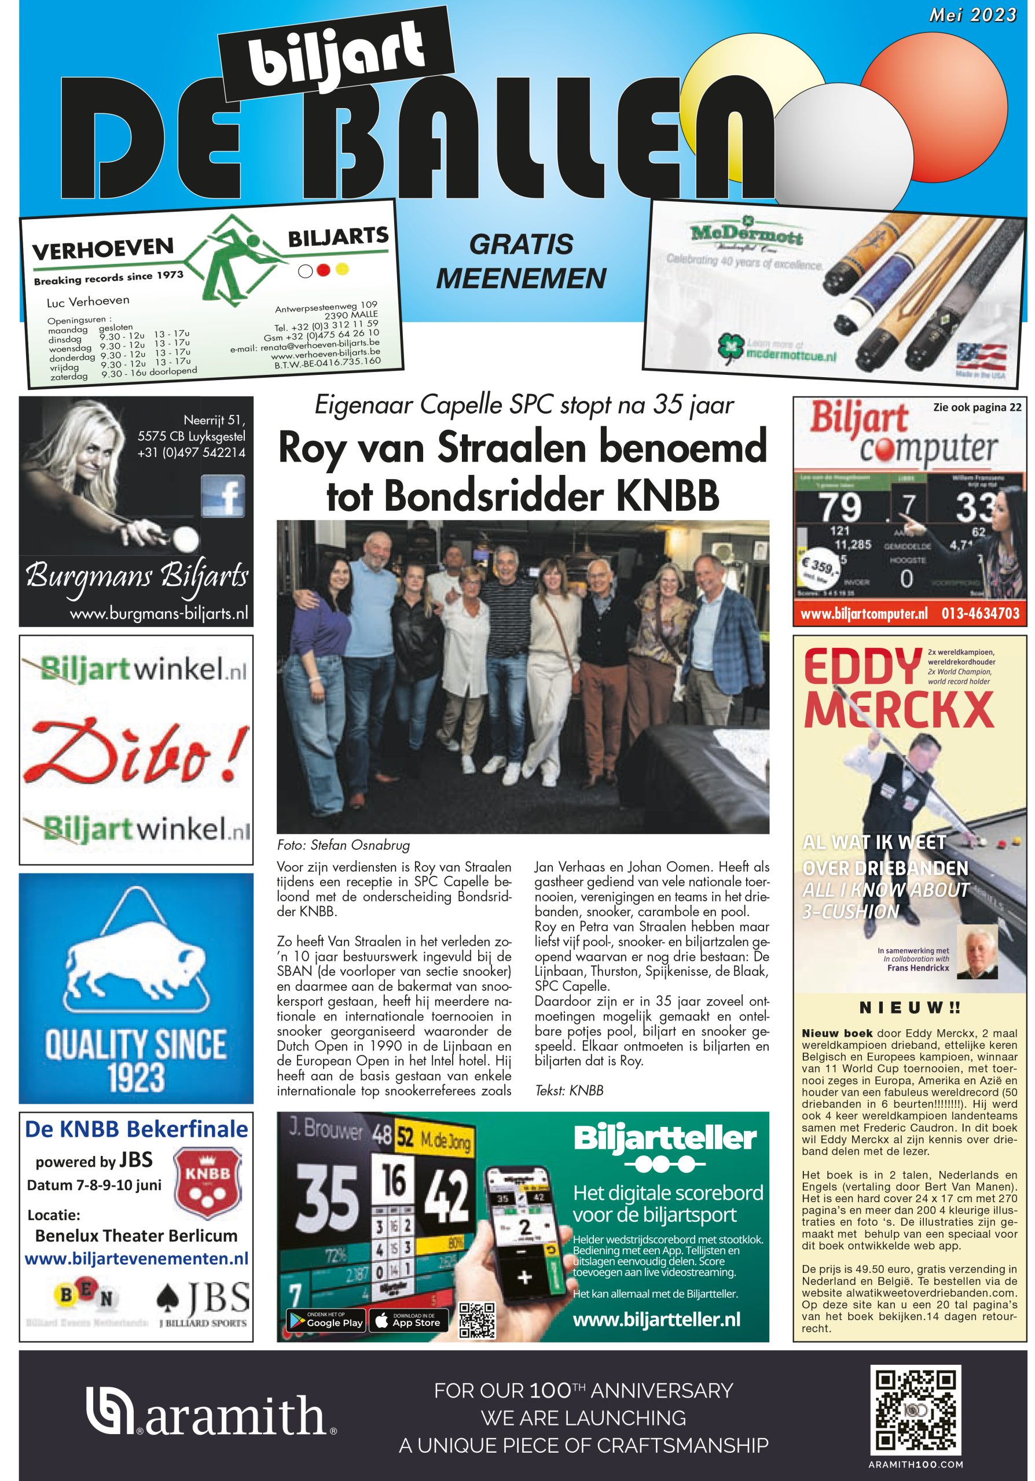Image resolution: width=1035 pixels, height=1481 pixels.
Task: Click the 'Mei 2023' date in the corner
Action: (x=972, y=15)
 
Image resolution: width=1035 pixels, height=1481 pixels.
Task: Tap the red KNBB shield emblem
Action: (x=208, y=1183)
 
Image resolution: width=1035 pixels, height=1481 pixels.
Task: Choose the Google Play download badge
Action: (x=325, y=1319)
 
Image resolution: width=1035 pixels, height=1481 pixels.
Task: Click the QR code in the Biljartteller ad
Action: (x=477, y=1319)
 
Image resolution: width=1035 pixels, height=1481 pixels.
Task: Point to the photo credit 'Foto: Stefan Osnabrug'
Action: (x=343, y=845)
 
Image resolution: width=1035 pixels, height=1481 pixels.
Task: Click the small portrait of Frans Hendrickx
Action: (x=977, y=951)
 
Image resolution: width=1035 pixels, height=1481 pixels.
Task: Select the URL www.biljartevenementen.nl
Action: (x=136, y=1258)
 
